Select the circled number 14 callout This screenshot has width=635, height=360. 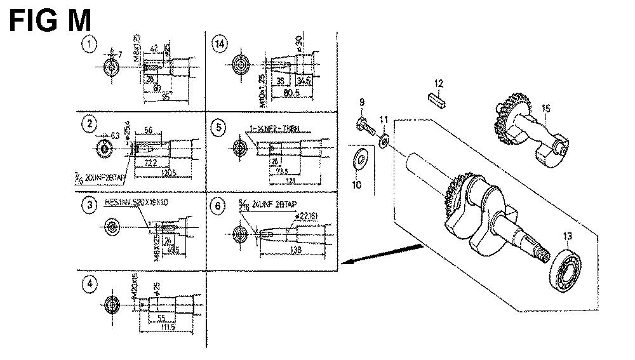[x=220, y=44]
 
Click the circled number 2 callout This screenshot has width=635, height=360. [x=91, y=123]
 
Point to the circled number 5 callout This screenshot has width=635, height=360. [x=219, y=128]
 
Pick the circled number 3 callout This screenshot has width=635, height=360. [x=91, y=204]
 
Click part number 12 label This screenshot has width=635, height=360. [x=438, y=83]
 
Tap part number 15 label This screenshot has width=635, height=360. [x=545, y=108]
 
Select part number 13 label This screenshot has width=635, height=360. [x=567, y=237]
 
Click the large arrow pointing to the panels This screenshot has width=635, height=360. [x=380, y=254]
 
